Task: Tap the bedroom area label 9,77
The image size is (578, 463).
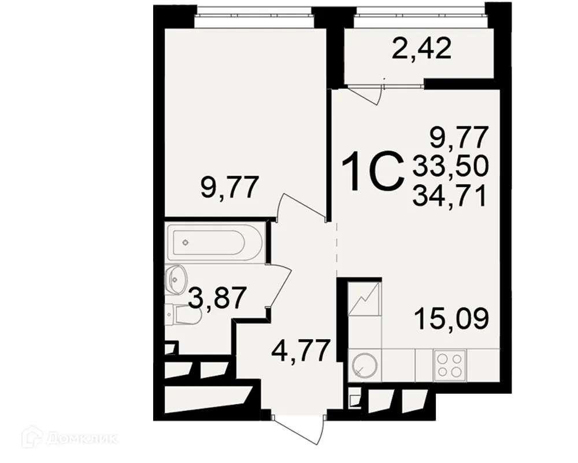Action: pos(228,189)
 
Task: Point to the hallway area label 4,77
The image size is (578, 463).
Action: pos(301,350)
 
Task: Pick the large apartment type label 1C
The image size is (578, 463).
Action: pos(372,171)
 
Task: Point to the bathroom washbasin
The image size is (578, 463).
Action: pos(176,278)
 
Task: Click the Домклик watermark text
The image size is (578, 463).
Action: pos(75,438)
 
